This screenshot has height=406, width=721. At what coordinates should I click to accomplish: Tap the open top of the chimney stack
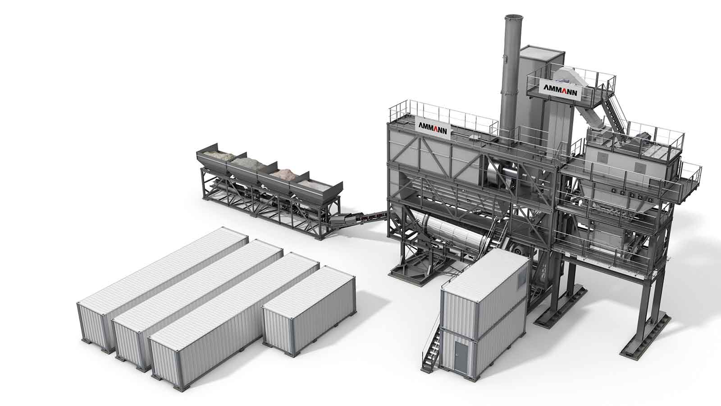click(514, 17)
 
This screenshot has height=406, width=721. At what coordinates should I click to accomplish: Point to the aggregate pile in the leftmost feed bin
click(220, 157)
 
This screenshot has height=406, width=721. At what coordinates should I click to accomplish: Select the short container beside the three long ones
click(309, 311)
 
